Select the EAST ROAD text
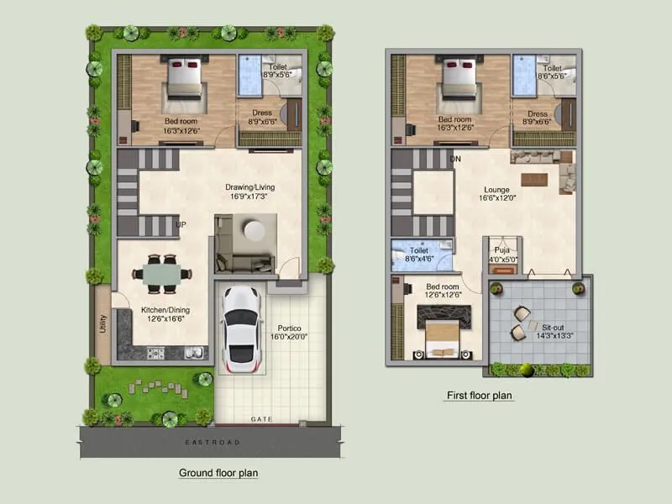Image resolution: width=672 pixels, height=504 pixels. (214, 441)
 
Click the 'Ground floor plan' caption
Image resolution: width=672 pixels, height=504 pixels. (218, 473)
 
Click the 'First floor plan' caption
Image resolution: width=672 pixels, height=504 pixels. (478, 395)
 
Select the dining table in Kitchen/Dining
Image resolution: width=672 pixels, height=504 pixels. (160, 275)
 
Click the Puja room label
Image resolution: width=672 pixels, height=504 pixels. (502, 249)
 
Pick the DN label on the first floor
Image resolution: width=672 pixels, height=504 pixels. (456, 158)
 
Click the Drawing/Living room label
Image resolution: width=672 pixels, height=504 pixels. (250, 186)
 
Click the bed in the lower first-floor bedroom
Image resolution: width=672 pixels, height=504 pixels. (443, 331)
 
